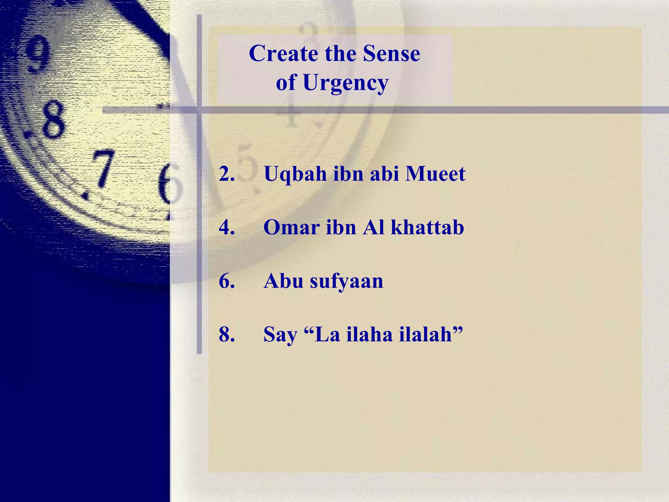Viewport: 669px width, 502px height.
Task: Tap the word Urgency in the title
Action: coord(345,83)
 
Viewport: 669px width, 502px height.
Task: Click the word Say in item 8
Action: coord(280,335)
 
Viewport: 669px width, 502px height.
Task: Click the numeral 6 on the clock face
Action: coord(168,185)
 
